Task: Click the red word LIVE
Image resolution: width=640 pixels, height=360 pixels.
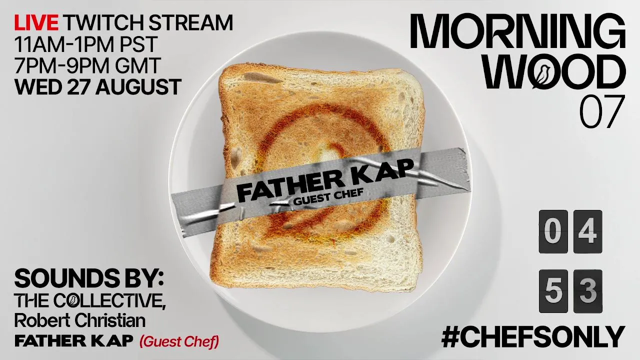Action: [x=36, y=22]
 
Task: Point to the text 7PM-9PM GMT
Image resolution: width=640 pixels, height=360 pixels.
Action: [x=87, y=65]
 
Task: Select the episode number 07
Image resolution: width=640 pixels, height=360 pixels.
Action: [x=601, y=111]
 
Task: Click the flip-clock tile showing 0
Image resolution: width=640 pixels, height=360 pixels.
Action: [x=553, y=231]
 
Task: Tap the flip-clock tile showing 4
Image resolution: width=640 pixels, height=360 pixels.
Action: [x=587, y=231]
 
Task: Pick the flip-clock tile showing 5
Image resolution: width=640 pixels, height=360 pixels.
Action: [x=553, y=291]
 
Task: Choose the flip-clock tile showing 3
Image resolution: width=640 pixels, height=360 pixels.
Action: [x=587, y=291]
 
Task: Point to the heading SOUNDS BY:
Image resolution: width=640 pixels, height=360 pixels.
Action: [x=89, y=279]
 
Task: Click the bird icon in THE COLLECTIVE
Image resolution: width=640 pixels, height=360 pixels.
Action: [x=72, y=301]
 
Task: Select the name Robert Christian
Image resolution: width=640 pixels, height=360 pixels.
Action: [x=80, y=320]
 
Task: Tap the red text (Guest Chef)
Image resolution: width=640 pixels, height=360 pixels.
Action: [x=179, y=341]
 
